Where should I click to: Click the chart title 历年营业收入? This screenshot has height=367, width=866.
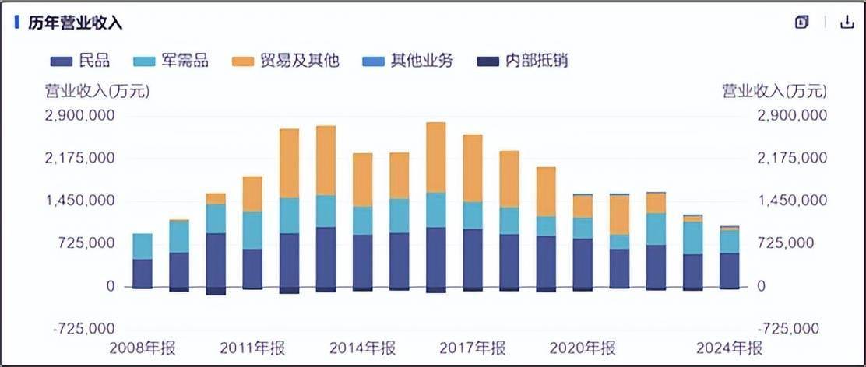click(76, 23)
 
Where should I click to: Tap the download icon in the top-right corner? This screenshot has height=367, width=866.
click(847, 23)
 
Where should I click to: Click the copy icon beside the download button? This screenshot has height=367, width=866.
click(802, 23)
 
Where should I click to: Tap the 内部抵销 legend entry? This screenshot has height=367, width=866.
click(523, 61)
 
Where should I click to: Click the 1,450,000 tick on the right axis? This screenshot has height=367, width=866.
click(790, 201)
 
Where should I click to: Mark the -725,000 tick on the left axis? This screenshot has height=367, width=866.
click(84, 329)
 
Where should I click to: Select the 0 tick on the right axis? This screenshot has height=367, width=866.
click(761, 287)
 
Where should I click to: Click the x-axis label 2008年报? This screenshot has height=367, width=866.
click(143, 347)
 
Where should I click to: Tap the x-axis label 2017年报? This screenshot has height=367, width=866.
click(473, 347)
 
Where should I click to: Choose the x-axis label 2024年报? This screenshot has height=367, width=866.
click(729, 347)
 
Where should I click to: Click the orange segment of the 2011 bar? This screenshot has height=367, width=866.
click(252, 194)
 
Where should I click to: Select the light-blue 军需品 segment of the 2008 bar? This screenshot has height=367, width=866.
click(143, 246)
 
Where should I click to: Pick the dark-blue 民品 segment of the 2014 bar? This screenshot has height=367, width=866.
click(362, 261)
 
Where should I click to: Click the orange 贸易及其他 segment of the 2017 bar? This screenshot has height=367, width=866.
click(473, 168)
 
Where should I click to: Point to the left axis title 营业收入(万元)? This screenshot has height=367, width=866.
click(96, 92)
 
